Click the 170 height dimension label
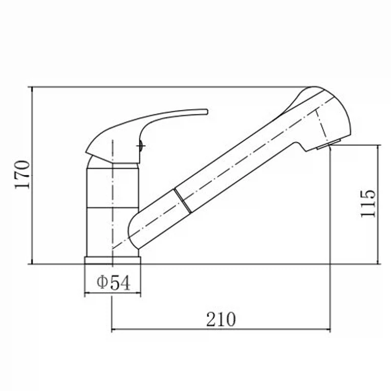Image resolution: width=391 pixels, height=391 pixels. coord(22,174)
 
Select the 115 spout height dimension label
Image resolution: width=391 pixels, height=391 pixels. coord(368,203)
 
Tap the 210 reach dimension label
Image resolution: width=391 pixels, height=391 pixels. coord(221,319)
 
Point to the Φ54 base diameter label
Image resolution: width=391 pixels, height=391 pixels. coord(113,282)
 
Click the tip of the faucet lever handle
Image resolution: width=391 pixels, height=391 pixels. coord(206,111)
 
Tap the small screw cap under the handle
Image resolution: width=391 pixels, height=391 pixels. coord(141,146)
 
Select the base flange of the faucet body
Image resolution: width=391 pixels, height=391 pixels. coord(113,261)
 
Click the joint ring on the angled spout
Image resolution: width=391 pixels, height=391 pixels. coord(183,201)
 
